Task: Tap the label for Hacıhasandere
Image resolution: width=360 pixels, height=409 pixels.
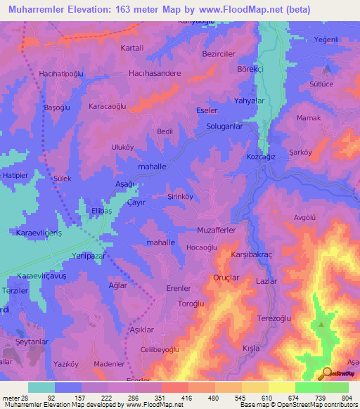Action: pos(155,73)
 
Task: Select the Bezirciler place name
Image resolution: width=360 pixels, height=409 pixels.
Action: pos(221,53)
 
